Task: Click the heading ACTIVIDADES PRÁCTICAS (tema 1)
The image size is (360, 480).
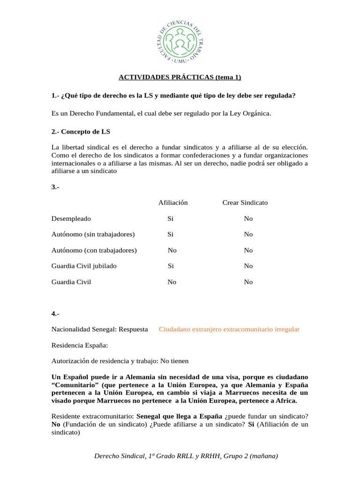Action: tap(180, 77)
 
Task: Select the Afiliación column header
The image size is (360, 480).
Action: tap(173, 202)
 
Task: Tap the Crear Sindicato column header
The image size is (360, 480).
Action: tap(245, 202)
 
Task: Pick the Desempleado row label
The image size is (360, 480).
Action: tap(71, 218)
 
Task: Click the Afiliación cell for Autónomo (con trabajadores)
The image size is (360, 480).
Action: tap(172, 250)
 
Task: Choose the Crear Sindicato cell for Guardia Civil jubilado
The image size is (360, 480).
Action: tap(248, 266)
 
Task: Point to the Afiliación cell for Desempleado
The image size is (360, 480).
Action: tap(171, 218)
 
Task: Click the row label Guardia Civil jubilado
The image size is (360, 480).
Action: tap(84, 266)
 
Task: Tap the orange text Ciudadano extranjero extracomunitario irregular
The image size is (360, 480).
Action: tap(229, 330)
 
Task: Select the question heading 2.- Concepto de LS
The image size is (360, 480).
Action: tap(81, 132)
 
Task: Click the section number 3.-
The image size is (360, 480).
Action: tap(55, 187)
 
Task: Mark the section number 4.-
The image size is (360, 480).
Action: tap(55, 314)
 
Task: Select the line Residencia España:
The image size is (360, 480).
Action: tap(80, 345)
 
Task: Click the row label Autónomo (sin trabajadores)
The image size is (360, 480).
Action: tap(93, 234)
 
